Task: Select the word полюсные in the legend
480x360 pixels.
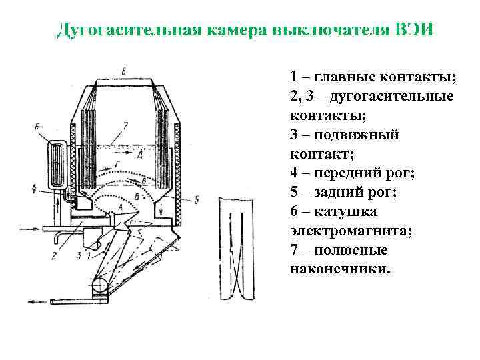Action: [349, 251]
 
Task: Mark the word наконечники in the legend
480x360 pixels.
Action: [341, 270]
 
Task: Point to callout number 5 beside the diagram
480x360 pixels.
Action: [197, 198]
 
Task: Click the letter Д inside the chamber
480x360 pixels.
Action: [139, 155]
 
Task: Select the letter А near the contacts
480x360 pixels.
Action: [119, 209]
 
